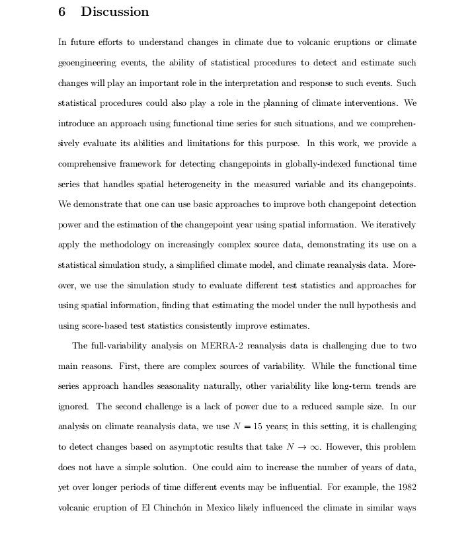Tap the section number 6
tap(62, 12)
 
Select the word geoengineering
tap(89, 63)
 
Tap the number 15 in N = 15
tap(260, 427)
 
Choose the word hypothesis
tap(377, 306)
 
